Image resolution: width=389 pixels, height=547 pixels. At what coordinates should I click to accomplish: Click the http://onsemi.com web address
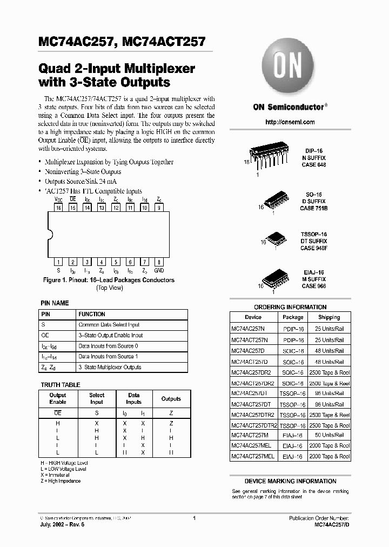(290, 122)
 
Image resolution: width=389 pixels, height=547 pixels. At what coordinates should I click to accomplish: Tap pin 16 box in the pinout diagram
(58, 207)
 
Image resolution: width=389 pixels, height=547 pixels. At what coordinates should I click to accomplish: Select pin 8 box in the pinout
(159, 262)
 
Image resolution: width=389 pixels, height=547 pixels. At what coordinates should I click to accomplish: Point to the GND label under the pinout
(159, 270)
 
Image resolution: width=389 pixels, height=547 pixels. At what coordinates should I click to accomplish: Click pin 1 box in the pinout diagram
(58, 262)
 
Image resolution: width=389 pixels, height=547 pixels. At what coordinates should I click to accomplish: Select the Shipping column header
(328, 317)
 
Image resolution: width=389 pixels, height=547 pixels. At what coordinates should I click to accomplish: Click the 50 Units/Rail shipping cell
(328, 435)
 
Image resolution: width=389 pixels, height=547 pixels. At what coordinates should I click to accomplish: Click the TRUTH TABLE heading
(61, 385)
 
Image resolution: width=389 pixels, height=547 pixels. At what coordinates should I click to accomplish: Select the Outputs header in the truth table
(171, 399)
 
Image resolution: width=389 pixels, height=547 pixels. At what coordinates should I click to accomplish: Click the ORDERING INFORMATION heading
(290, 307)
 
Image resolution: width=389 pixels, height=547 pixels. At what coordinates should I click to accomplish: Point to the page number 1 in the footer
(194, 518)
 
